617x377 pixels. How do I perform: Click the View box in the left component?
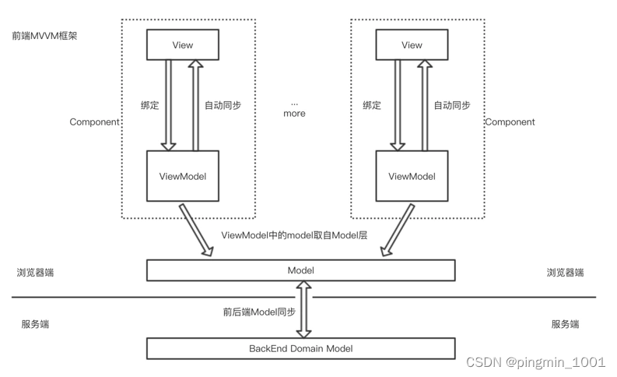coord(183,44)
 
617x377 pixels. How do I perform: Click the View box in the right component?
coord(412,44)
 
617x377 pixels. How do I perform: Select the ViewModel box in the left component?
coord(183,176)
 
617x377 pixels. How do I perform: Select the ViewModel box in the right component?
coord(412,176)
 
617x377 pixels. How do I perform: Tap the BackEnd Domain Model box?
coord(300,348)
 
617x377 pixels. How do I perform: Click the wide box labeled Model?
coord(300,270)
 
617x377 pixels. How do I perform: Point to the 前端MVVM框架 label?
coord(44,36)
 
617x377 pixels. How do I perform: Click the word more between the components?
coord(294,114)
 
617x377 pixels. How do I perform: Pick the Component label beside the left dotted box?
coord(94,122)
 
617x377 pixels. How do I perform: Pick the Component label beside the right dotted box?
coord(510,122)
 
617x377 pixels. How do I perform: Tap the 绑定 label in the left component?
coord(150,105)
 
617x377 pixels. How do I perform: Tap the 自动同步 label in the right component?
coord(452,105)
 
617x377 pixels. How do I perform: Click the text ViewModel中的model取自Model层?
coord(294,235)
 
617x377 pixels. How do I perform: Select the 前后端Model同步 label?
coord(259,312)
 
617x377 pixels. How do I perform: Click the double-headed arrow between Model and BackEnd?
coord(303,309)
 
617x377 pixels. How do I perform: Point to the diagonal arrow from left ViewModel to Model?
coord(196,230)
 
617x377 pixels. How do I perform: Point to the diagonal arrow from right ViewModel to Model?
coord(398,230)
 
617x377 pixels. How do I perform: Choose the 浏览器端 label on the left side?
coord(36,272)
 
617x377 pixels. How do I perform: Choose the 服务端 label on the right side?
coord(565,324)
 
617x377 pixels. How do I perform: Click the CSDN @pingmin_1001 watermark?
coord(535,362)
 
